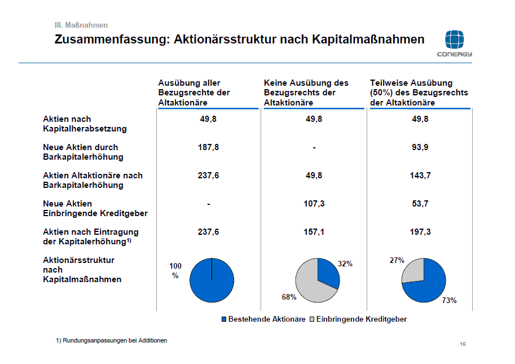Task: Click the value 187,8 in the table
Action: tap(209, 147)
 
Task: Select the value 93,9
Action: tap(420, 147)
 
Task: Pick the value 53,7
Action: tap(420, 204)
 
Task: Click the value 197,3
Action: tap(420, 232)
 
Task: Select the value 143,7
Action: tap(420, 176)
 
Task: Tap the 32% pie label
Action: tap(345, 264)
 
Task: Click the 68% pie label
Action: tap(289, 297)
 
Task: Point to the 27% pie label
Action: tap(397, 260)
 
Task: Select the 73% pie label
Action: tap(449, 300)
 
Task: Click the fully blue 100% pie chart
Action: tap(212, 280)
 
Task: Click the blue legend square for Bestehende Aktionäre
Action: tap(224, 319)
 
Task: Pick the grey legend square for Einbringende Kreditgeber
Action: tap(312, 319)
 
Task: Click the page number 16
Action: tap(463, 344)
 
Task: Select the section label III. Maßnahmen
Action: tap(81, 25)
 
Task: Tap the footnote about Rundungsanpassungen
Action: tap(111, 340)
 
